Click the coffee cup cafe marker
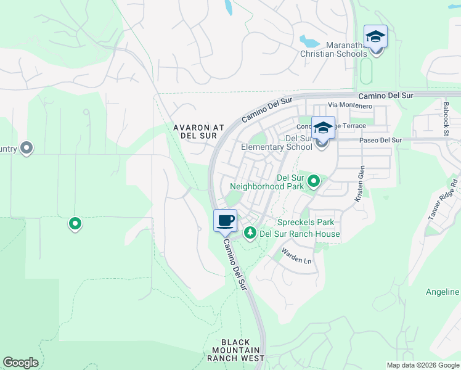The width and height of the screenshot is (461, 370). click(226, 221)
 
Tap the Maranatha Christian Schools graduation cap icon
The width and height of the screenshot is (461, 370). click(375, 37)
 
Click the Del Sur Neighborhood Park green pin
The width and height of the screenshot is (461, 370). click(314, 181)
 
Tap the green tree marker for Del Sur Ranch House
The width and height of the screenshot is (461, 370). click(250, 233)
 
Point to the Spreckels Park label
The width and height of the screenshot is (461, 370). click(305, 222)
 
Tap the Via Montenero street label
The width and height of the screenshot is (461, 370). click(350, 106)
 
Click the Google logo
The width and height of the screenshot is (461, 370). click(20, 363)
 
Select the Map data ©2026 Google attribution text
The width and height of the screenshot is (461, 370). click(423, 364)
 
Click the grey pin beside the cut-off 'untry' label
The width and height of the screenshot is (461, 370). click(27, 148)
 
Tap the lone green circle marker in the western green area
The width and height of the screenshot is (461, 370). click(75, 223)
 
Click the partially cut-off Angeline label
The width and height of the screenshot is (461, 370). click(443, 292)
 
